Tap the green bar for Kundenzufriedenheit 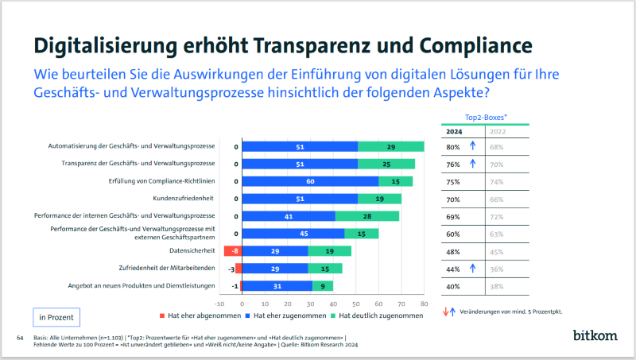click(x=379, y=199)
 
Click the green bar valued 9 click(x=323, y=286)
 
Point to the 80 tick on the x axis click(x=424, y=303)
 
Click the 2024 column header click(x=454, y=131)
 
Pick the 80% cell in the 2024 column click(x=453, y=147)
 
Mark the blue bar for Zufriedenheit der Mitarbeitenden click(x=274, y=269)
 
